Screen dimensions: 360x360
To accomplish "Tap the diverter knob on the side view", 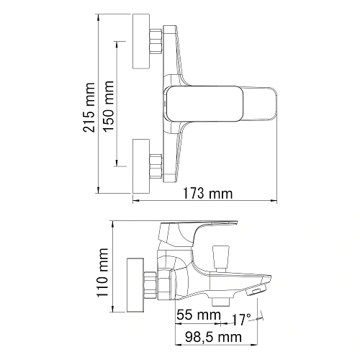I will coord(219,255).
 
